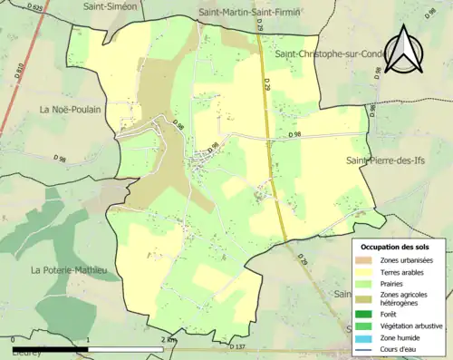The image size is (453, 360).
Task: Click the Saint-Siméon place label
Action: coord(136,6)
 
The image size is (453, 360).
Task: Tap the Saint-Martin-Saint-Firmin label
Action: coord(250,12)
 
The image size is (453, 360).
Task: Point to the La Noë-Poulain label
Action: coord(70,110)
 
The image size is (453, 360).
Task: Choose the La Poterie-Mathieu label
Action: coord(69,270)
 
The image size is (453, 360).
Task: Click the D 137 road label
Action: coord(237,346)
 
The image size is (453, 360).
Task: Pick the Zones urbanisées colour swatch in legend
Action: coord(366,260)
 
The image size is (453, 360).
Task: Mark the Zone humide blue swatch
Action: coord(366,336)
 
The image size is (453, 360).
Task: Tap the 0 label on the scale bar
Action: coord(14,340)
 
